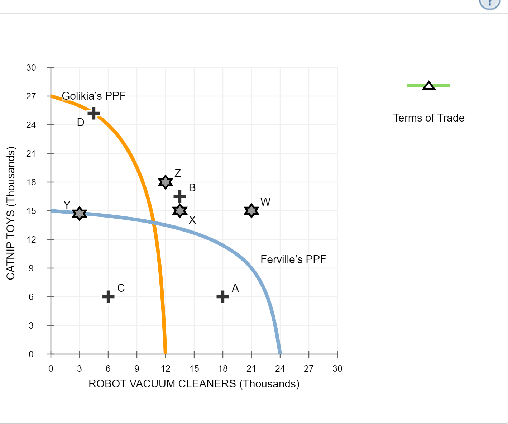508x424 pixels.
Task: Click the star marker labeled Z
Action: (165, 182)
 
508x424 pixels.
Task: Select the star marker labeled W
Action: (251, 211)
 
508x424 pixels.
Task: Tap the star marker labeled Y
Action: (80, 213)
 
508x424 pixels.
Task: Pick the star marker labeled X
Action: (180, 211)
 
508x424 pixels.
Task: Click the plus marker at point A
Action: (223, 296)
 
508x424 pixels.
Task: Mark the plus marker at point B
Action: (180, 196)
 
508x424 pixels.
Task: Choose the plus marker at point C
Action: (108, 296)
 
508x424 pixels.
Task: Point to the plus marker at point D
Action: (94, 113)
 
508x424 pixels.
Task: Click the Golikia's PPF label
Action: (94, 96)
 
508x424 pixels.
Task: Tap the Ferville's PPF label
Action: (293, 259)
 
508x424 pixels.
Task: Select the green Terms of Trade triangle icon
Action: (429, 85)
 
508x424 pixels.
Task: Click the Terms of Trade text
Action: (429, 118)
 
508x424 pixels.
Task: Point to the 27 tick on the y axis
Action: (31, 96)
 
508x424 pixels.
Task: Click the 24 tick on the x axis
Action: (280, 368)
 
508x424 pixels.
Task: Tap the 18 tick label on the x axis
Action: (223, 368)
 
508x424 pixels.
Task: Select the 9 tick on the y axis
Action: (31, 268)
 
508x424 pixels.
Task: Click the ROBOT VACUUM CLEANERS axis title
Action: (194, 384)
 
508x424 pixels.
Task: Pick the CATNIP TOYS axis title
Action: (11, 213)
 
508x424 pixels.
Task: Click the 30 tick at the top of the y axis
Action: (31, 67)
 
